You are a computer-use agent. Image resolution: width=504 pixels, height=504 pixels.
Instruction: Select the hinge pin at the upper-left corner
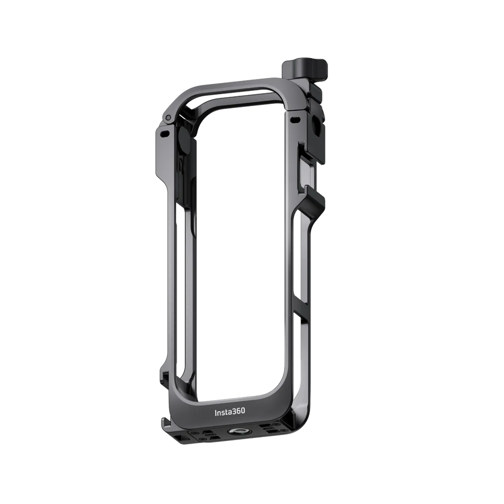[x=168, y=117]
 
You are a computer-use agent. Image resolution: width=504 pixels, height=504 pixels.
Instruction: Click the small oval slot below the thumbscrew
[x=295, y=120]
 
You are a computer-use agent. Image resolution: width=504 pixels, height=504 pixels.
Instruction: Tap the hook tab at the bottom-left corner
[x=164, y=424]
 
